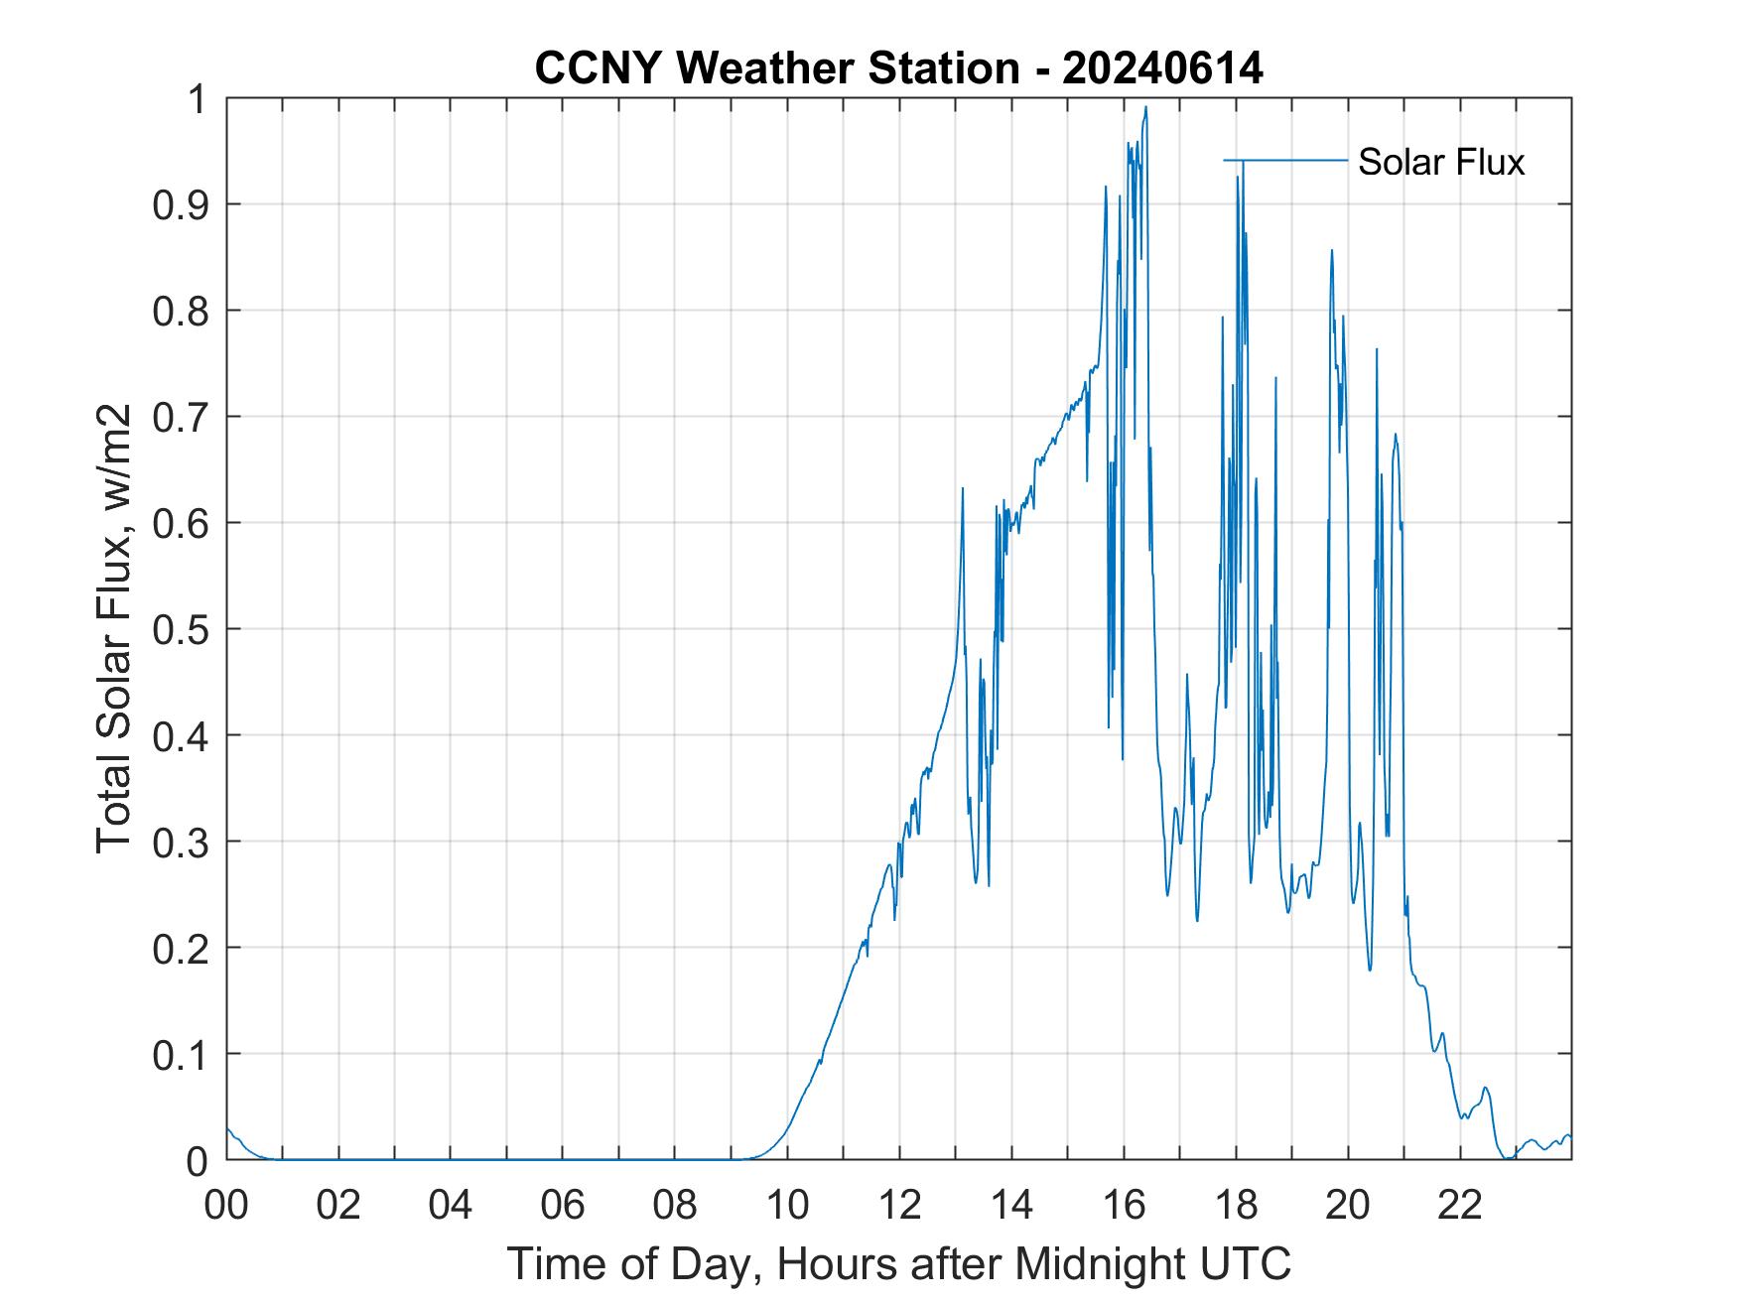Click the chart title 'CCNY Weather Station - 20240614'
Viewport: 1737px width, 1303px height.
tap(898, 68)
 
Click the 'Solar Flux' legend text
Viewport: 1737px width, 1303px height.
tap(1440, 162)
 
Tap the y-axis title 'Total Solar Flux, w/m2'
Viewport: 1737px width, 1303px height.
tap(114, 628)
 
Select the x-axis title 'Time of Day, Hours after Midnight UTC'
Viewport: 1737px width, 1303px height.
tap(898, 1263)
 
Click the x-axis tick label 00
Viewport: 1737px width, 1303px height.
tap(226, 1205)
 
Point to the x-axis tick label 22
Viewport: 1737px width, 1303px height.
tap(1460, 1205)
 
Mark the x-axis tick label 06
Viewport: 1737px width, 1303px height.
tap(563, 1205)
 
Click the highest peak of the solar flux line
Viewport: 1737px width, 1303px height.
tap(1145, 107)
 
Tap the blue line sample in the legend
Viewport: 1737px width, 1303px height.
tap(1285, 160)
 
